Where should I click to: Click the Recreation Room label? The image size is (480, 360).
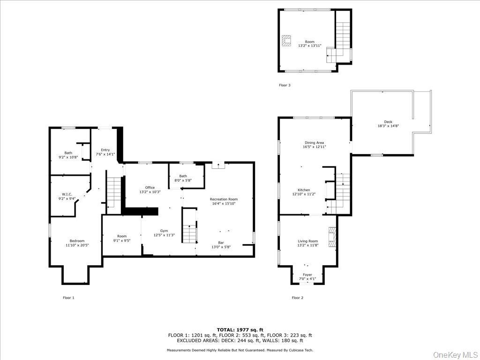click(x=224, y=199)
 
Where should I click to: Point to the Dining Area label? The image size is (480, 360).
click(x=314, y=142)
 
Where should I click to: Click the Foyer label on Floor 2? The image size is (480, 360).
click(x=307, y=275)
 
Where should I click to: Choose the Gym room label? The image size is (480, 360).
click(x=164, y=231)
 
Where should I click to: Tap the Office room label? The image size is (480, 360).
click(x=150, y=187)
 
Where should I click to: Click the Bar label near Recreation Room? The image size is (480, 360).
click(x=220, y=242)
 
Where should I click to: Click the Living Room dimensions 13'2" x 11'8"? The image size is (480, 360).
click(x=307, y=245)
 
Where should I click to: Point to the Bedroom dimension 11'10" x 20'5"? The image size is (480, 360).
click(x=77, y=245)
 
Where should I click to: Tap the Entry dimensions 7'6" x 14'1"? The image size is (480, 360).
click(x=105, y=154)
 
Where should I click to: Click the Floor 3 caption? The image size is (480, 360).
click(x=285, y=85)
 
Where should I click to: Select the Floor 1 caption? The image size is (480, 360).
click(x=68, y=298)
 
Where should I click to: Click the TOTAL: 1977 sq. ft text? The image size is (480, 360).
click(x=240, y=330)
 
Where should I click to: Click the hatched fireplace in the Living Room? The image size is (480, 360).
click(x=332, y=237)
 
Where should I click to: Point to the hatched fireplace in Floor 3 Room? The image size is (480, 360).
click(x=286, y=41)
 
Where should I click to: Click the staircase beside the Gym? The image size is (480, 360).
click(x=189, y=232)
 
